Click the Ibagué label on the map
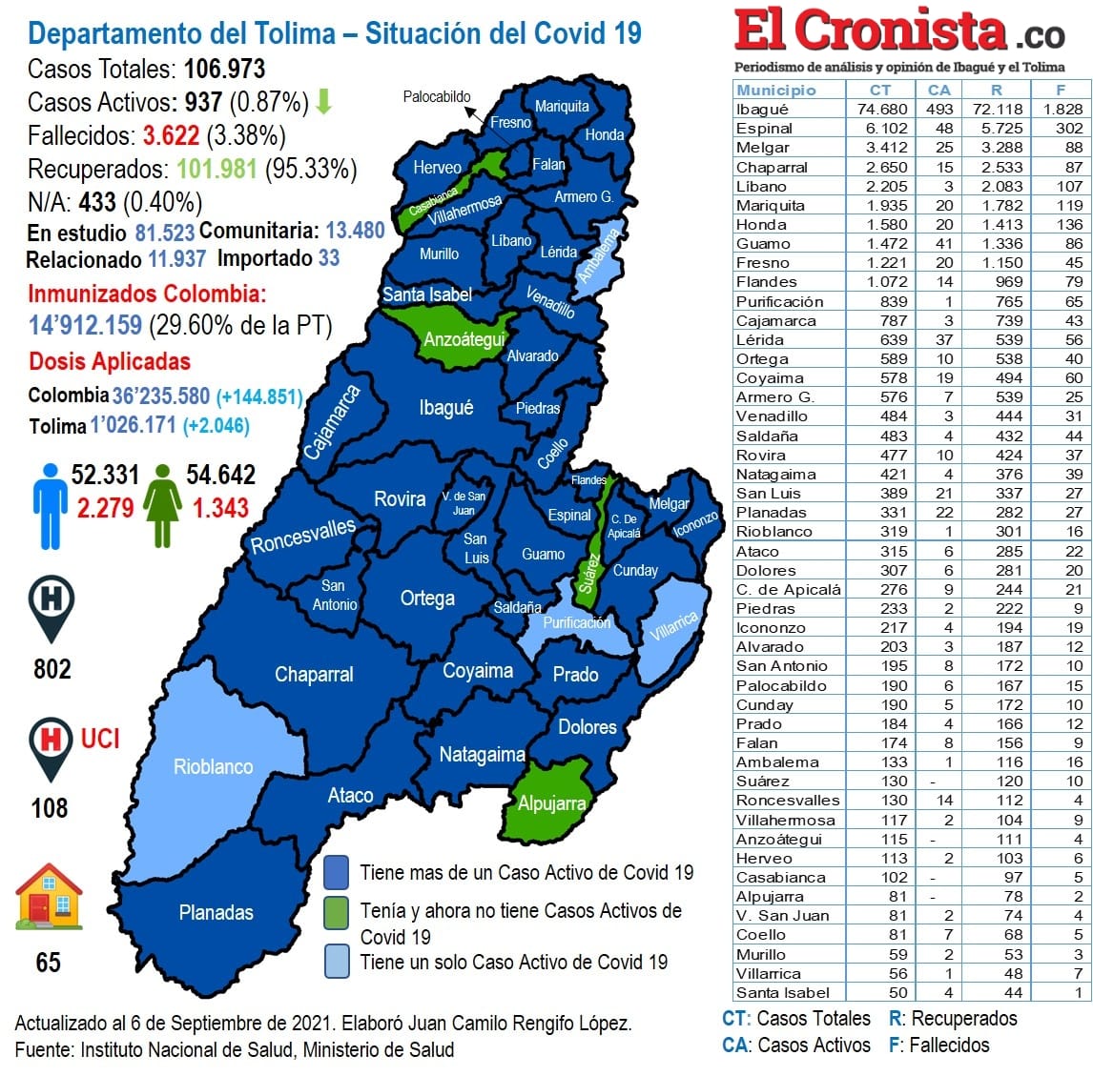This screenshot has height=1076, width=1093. [x=445, y=408]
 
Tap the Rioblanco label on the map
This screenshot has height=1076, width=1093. [x=213, y=766]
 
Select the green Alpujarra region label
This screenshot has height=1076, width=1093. [x=551, y=803]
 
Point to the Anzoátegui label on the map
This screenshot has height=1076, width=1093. [x=464, y=339]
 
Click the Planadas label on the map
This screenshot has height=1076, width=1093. [x=217, y=912]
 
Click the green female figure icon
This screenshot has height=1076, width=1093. [x=163, y=506]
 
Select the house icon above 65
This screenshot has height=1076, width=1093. [x=49, y=897]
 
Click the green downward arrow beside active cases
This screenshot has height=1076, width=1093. [x=324, y=101]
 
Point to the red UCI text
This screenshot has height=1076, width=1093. [x=100, y=739]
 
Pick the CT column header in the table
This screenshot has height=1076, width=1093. [x=879, y=90]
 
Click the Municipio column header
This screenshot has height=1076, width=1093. [x=776, y=90]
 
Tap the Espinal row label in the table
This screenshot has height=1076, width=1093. [x=764, y=129]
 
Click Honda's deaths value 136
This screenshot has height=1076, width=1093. [x=1069, y=225]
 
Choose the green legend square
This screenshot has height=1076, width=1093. [x=336, y=912]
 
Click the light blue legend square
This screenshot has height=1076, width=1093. [x=336, y=961]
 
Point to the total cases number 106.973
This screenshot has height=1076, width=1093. [x=224, y=69]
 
